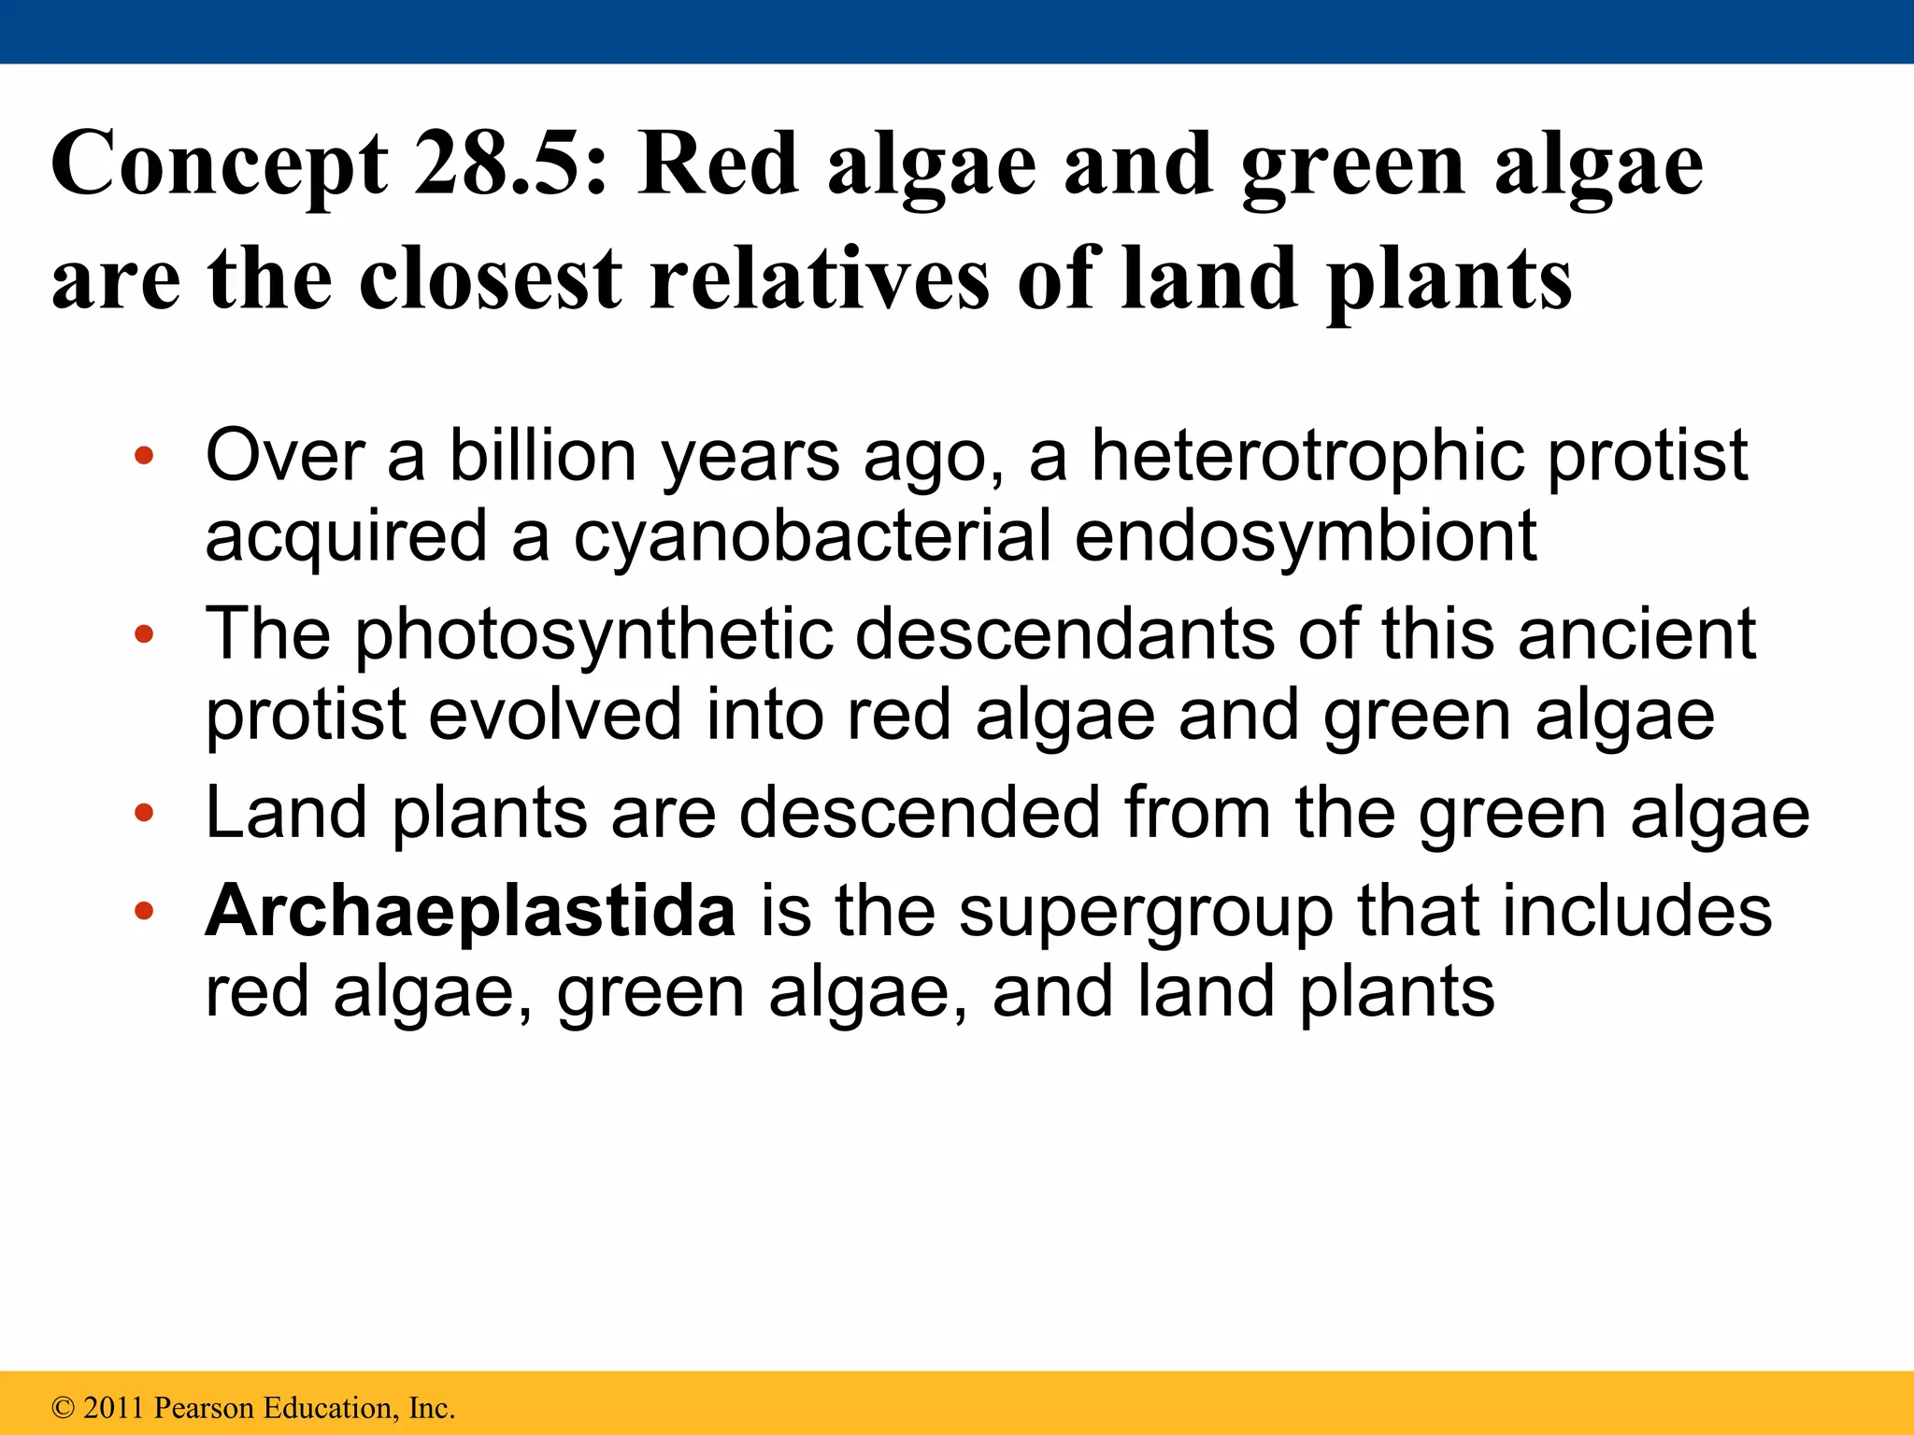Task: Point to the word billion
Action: pyautogui.click(x=543, y=456)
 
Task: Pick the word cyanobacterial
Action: pyautogui.click(x=811, y=536)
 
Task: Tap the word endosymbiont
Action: pyautogui.click(x=1306, y=538)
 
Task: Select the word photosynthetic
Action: pyautogui.click(x=593, y=635)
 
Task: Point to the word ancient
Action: pyautogui.click(x=1636, y=634)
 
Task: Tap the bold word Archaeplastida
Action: pyautogui.click(x=470, y=912)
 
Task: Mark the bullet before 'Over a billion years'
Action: pyautogui.click(x=143, y=457)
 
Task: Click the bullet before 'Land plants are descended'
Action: pyautogui.click(x=143, y=813)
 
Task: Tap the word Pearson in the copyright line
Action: pyautogui.click(x=204, y=1408)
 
